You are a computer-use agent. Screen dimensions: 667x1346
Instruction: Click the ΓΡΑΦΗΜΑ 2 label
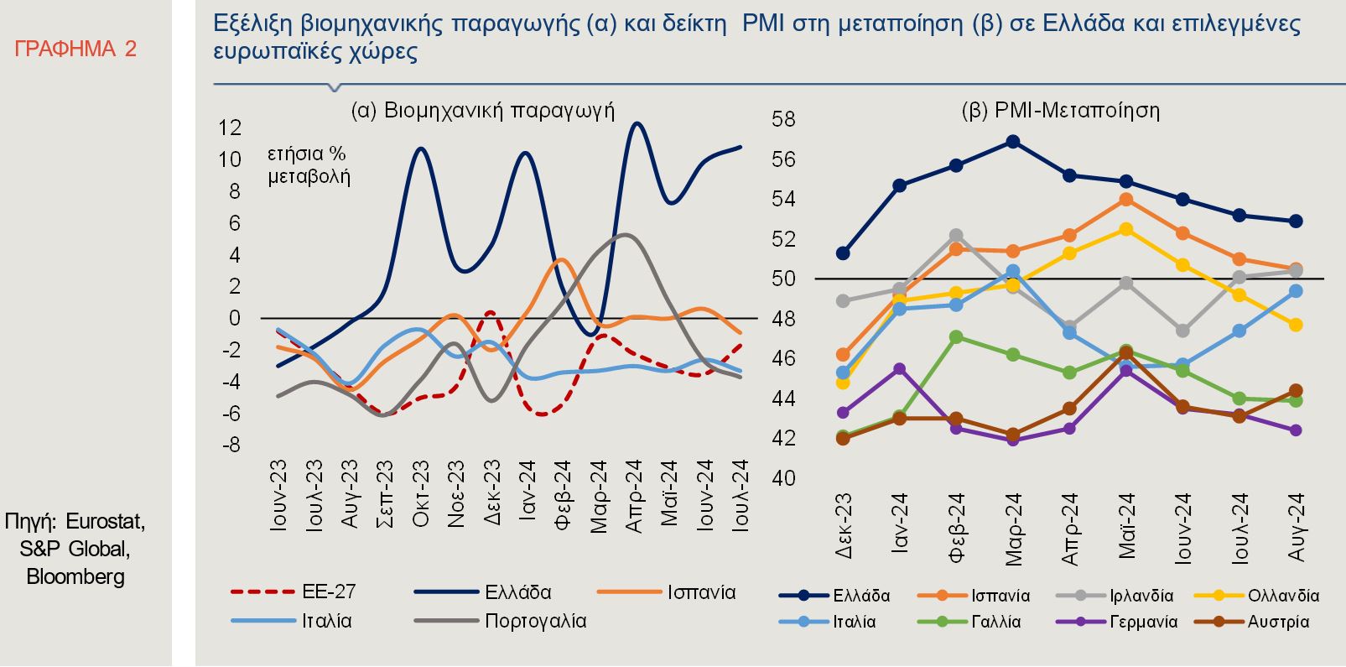75,50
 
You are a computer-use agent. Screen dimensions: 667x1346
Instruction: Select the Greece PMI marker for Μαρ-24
1013,142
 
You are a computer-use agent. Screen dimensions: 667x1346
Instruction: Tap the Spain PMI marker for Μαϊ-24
1126,200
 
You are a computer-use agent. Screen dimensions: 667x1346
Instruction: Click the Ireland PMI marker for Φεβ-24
956,236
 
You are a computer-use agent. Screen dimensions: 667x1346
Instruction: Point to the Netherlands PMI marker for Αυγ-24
1296,325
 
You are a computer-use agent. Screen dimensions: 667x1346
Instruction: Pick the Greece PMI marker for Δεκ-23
843,253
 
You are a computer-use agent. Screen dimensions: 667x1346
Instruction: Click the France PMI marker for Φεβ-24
956,336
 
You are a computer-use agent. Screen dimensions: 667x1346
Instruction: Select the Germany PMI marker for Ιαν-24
900,369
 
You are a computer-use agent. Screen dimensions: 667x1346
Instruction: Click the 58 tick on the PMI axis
783,119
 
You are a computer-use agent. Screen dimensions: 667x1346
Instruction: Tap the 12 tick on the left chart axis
230,128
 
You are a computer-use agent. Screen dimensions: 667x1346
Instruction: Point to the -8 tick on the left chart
230,445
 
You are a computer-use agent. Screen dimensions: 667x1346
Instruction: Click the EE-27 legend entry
329,591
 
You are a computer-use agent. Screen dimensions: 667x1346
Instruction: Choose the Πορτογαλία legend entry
535,622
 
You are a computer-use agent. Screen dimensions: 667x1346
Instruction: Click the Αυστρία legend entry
1278,622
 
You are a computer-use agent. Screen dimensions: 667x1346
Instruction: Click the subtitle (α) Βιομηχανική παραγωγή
482,111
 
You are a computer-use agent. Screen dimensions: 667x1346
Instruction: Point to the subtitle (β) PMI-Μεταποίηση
1060,111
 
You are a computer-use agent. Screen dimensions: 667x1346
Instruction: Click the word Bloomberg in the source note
75,577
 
